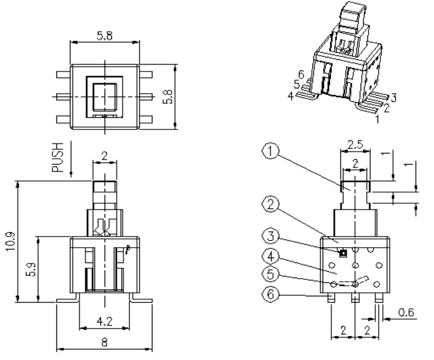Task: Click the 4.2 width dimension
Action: (x=104, y=319)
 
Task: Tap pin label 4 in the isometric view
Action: (x=290, y=96)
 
